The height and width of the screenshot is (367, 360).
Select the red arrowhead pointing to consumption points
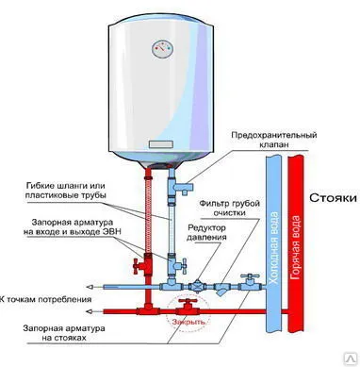[90, 309]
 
